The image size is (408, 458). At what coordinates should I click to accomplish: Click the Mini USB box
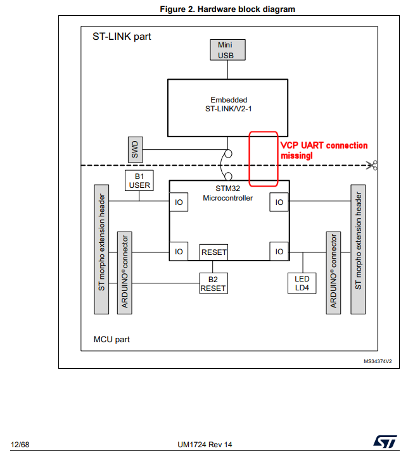click(x=226, y=50)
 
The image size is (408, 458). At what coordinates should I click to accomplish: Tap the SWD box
click(x=134, y=149)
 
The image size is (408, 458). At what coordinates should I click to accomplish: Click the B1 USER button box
click(x=139, y=180)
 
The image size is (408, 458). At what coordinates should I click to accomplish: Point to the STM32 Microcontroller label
click(x=228, y=193)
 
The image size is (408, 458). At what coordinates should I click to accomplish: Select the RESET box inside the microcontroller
click(x=214, y=252)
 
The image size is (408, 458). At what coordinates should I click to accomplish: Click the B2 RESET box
click(x=213, y=283)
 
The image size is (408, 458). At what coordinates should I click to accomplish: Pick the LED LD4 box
click(x=302, y=283)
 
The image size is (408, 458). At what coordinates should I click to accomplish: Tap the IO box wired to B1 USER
click(x=179, y=202)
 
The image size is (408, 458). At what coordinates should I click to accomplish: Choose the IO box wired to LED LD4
click(x=279, y=251)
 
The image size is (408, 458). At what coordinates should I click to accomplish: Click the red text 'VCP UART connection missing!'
click(x=324, y=150)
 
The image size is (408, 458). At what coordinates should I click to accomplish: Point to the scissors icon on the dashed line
click(x=374, y=166)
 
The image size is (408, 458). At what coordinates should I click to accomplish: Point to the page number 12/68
click(x=20, y=445)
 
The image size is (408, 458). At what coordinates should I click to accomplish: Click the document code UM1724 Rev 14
click(x=205, y=445)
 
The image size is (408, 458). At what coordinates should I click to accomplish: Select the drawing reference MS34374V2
click(x=378, y=361)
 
